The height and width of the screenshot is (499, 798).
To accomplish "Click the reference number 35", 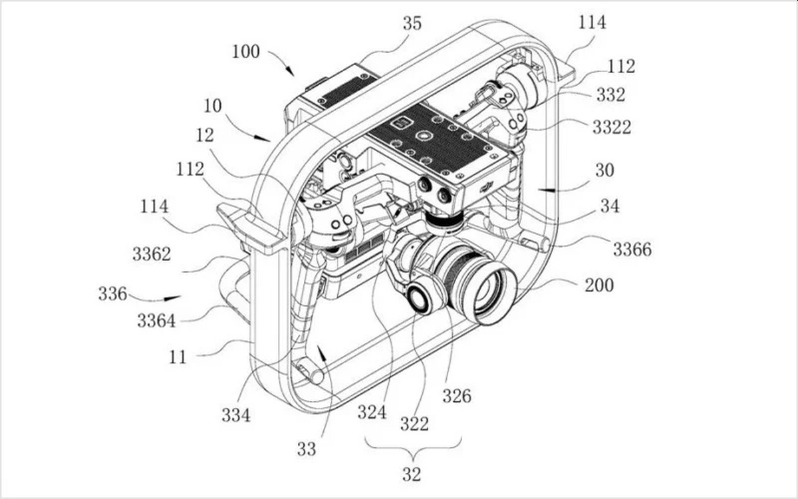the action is tap(412, 23).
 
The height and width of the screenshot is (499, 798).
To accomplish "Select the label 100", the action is tap(246, 52).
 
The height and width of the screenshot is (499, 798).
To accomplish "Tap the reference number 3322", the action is tap(612, 127).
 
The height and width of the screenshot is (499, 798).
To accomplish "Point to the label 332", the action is tap(611, 94).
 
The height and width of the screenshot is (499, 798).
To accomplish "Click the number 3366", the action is tap(632, 249).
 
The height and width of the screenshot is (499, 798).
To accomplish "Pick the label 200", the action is tap(599, 285).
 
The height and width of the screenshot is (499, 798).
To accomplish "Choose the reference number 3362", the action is tap(152, 254).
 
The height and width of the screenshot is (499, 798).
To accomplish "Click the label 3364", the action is tap(156, 321).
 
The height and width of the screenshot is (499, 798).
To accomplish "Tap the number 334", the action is tap(236, 415).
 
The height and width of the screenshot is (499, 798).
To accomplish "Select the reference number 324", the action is tap(372, 413).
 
